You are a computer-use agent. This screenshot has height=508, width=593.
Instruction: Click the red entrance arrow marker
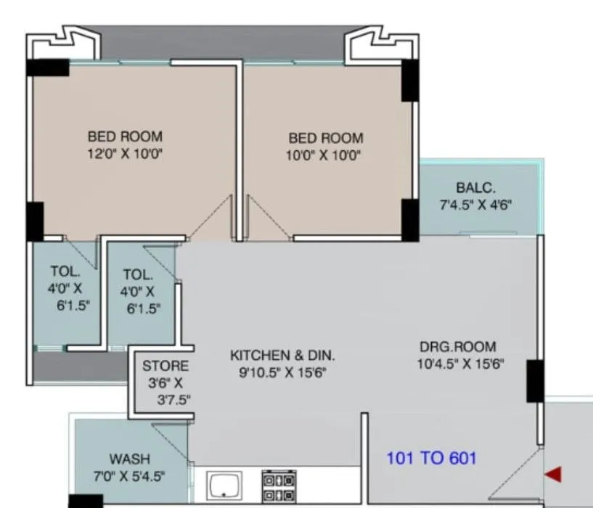(x=554, y=475)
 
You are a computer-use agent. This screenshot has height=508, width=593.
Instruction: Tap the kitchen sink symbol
(x=224, y=485)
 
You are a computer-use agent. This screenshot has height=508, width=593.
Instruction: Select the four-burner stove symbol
(x=279, y=486)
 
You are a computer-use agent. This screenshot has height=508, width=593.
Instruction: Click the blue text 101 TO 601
(x=431, y=458)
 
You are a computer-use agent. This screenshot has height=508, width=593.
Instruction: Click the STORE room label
(x=165, y=366)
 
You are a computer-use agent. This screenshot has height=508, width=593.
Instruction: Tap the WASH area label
(x=129, y=459)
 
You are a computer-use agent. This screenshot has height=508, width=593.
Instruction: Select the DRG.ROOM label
(x=458, y=346)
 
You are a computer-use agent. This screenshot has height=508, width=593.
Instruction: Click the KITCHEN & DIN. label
(x=282, y=356)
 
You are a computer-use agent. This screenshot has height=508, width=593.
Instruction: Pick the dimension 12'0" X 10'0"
(x=125, y=153)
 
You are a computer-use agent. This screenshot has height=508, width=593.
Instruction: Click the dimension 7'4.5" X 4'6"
(x=476, y=205)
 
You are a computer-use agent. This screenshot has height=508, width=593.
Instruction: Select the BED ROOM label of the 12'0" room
(x=125, y=136)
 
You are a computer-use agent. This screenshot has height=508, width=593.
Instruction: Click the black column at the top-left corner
(x=47, y=67)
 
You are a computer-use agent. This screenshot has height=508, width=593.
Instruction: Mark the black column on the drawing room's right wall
(x=535, y=381)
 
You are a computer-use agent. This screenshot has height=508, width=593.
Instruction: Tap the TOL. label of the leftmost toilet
(x=65, y=271)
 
